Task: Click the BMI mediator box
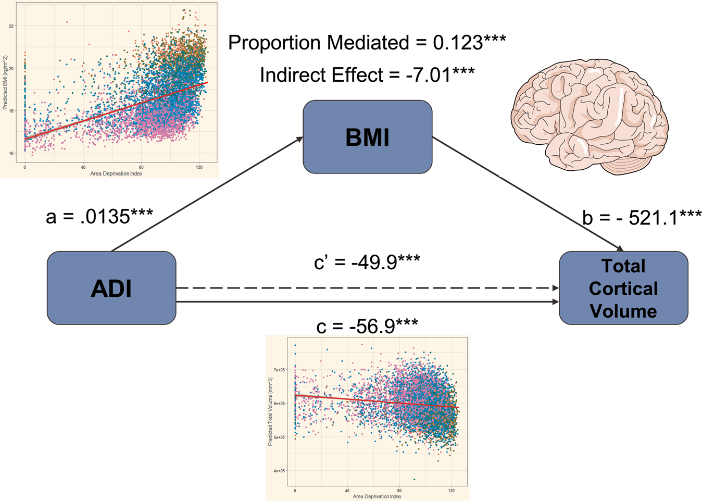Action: pos(367,137)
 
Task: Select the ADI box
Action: pos(111,288)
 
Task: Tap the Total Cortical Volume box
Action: pos(623,288)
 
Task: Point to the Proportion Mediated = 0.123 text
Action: pos(367,43)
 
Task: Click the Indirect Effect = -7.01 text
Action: pos(367,75)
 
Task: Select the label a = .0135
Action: pos(99,216)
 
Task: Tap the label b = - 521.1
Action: pos(642,217)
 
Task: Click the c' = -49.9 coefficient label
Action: pos(367,262)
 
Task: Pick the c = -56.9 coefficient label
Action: pos(367,326)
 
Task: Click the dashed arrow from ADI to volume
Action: pos(365,287)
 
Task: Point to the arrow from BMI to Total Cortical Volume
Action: pos(526,193)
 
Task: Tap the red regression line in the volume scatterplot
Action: pos(375,401)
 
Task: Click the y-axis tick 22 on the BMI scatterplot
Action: pos(11,26)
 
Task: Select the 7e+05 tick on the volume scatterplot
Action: pos(280,370)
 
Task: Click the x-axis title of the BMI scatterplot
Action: pos(116,173)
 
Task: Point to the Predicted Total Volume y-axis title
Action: pos(270,411)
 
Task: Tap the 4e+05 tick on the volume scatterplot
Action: pos(280,471)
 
